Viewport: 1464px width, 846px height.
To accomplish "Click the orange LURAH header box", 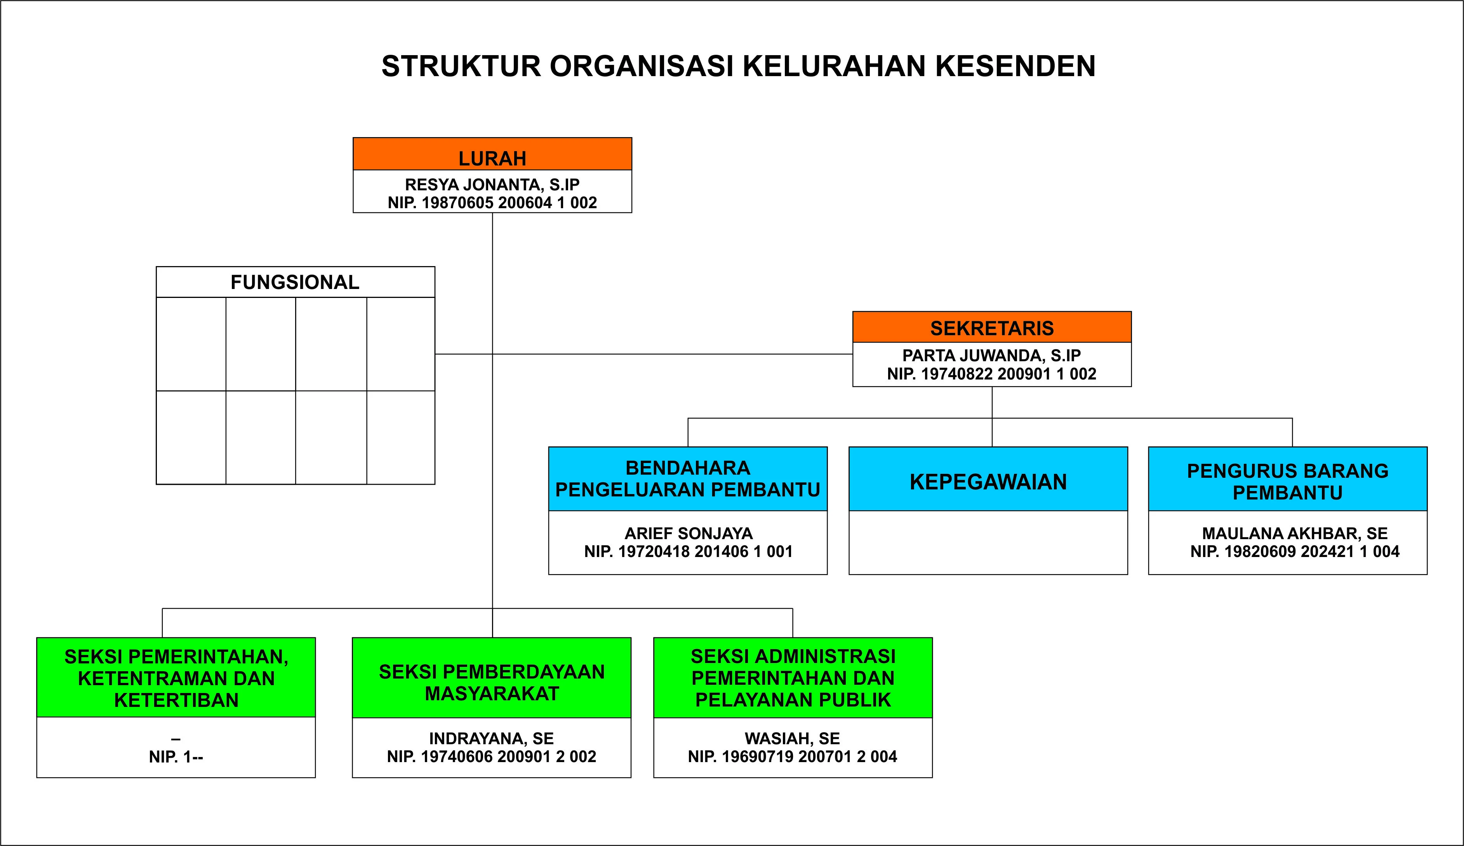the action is click(492, 154).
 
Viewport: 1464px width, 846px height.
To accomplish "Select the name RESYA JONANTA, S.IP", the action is click(492, 185).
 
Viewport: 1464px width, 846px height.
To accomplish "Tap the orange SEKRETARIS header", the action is click(992, 327).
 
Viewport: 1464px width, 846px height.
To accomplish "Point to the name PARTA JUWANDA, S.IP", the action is click(992, 355).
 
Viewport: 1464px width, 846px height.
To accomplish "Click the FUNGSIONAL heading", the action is click(295, 282).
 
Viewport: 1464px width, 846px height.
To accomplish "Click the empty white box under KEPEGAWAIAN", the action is click(988, 543).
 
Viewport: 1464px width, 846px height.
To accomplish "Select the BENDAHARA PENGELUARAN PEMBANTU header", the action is click(688, 479).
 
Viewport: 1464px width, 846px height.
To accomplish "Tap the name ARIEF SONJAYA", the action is click(688, 533).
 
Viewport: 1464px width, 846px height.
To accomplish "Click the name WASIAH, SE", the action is click(793, 738).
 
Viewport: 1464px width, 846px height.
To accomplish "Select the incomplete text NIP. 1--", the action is click(176, 757).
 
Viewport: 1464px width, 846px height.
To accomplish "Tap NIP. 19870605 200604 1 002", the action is click(492, 203).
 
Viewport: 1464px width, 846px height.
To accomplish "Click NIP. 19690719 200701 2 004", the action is click(793, 757).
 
